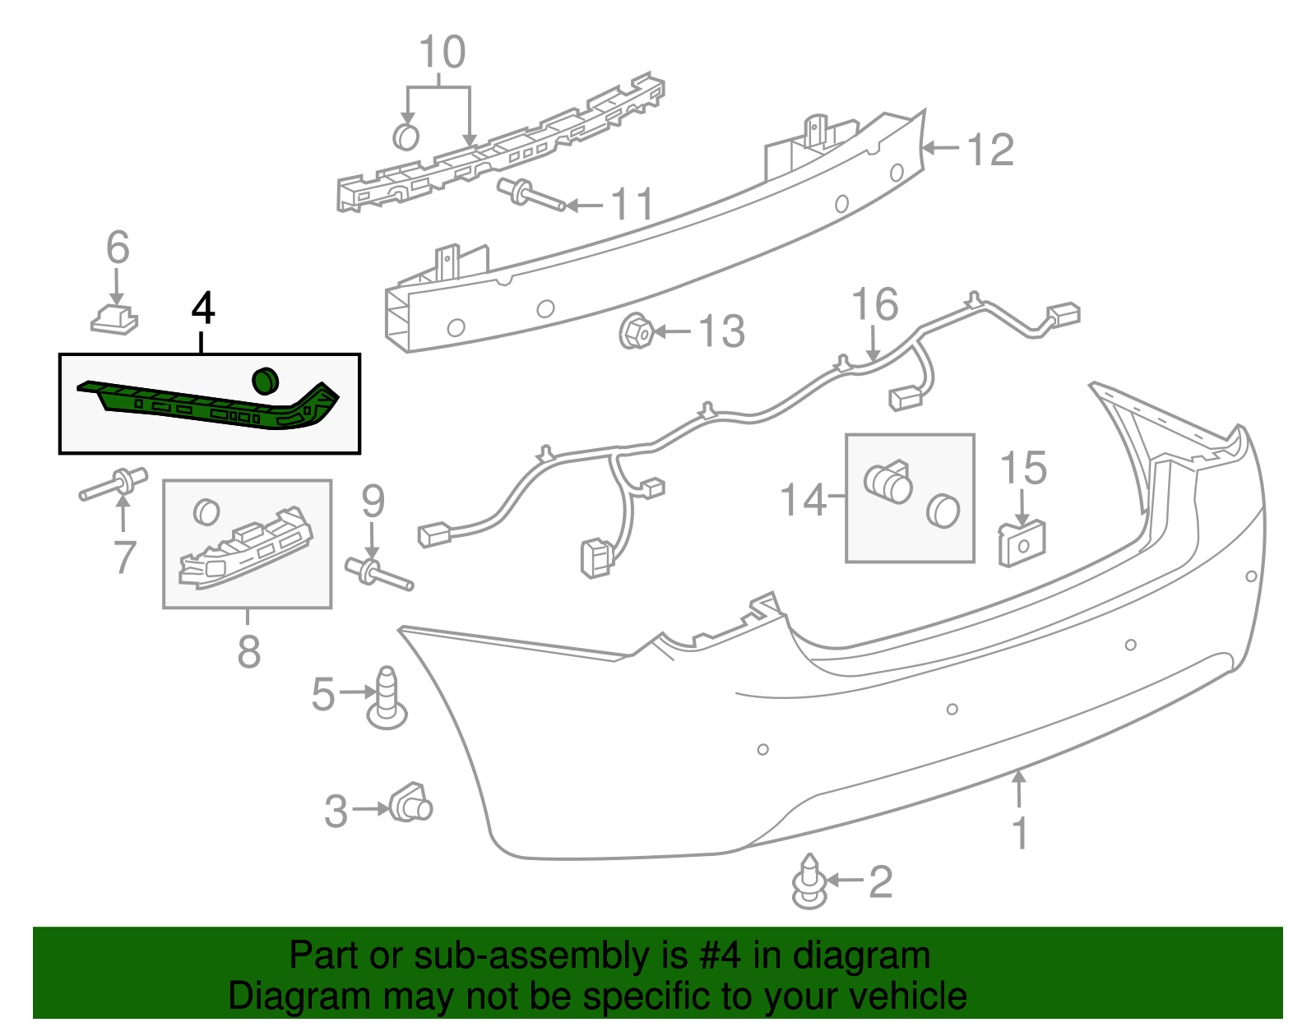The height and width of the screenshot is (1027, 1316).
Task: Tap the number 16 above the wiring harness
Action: [x=874, y=304]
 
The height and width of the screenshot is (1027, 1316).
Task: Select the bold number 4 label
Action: [x=203, y=308]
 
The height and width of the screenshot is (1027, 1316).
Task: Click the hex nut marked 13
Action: [x=636, y=331]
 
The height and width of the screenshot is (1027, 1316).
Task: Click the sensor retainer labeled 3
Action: [x=411, y=803]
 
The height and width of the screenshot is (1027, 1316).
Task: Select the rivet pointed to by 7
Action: [x=114, y=483]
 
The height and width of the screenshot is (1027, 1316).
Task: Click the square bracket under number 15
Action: [x=1022, y=544]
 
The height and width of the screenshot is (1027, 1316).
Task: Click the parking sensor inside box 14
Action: [x=888, y=483]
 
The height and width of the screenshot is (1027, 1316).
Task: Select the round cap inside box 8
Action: [x=206, y=512]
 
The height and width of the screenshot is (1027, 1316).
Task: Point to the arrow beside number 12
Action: [x=941, y=148]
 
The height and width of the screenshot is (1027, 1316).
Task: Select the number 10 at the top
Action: [x=443, y=52]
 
